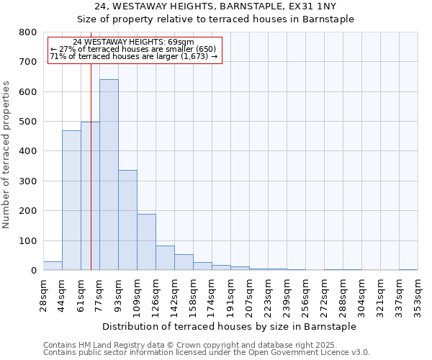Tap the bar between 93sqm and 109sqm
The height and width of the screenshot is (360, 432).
click(x=127, y=220)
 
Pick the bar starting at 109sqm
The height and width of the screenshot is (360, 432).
click(x=146, y=242)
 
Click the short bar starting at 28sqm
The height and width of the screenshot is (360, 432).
click(x=53, y=266)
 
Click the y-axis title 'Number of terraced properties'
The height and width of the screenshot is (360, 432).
click(x=6, y=155)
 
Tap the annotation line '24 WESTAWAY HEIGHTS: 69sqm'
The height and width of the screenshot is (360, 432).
click(x=134, y=42)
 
